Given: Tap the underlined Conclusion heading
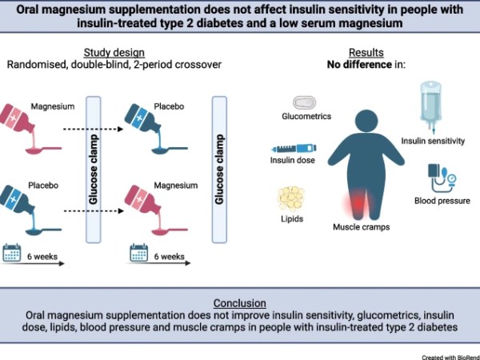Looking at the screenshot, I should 239,303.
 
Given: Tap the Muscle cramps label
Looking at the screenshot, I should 359,228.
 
